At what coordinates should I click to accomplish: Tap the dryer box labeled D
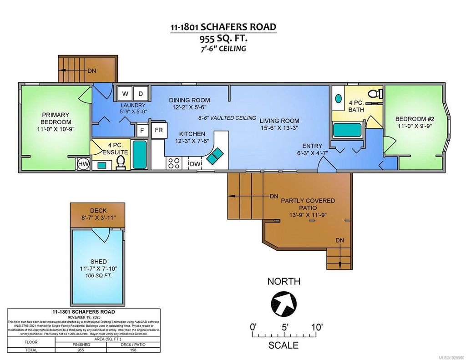pos(141,94)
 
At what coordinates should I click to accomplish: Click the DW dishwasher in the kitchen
pos(195,163)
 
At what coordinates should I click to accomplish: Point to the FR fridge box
pos(158,130)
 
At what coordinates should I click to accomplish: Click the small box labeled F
pos(142,130)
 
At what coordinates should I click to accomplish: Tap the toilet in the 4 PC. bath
pos(374,94)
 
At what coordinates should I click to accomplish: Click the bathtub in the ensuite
pos(140,155)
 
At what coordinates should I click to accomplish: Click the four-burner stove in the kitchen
pos(173,163)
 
